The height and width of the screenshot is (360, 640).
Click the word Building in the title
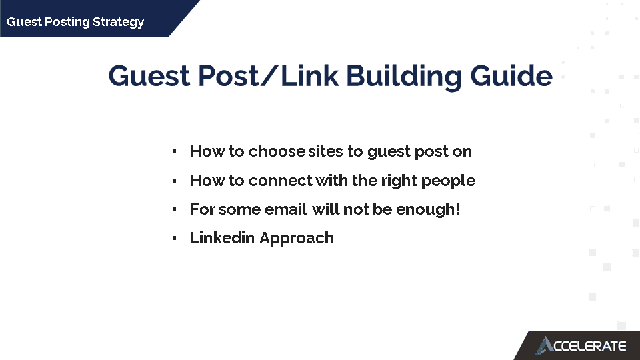point(404,77)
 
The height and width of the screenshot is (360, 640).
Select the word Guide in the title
point(511,76)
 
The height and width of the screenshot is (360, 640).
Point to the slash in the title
point(269,76)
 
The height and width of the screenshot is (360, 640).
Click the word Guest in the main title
point(149,76)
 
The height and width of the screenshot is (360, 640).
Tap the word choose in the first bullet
point(277,151)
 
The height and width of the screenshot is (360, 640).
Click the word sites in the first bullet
point(325,151)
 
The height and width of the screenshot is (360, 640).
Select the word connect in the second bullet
point(281,181)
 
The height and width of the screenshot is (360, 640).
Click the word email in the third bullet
point(285,209)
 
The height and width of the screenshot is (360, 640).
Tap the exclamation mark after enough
point(457,209)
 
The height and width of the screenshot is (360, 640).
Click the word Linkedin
point(223,237)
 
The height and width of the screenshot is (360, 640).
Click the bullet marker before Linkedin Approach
point(174,238)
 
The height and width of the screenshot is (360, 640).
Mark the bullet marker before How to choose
point(174,152)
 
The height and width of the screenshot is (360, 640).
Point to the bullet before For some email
point(174,209)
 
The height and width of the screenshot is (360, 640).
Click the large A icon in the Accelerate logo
point(545,345)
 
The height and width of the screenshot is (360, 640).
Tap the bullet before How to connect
point(174,181)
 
